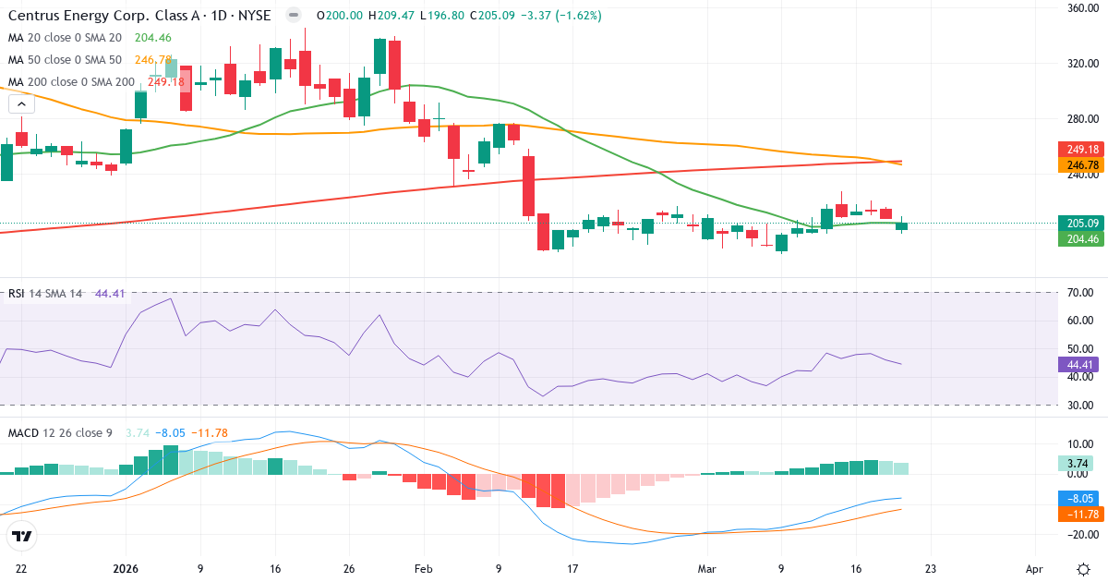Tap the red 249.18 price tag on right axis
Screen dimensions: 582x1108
[1078, 150]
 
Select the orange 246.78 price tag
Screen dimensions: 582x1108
[1078, 165]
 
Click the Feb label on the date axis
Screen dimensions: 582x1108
[423, 569]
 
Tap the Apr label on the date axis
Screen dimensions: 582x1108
[1034, 569]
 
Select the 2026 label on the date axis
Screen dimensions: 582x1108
[126, 569]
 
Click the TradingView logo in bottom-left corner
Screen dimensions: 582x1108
[22, 536]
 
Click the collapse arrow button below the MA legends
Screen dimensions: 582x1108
[20, 104]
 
